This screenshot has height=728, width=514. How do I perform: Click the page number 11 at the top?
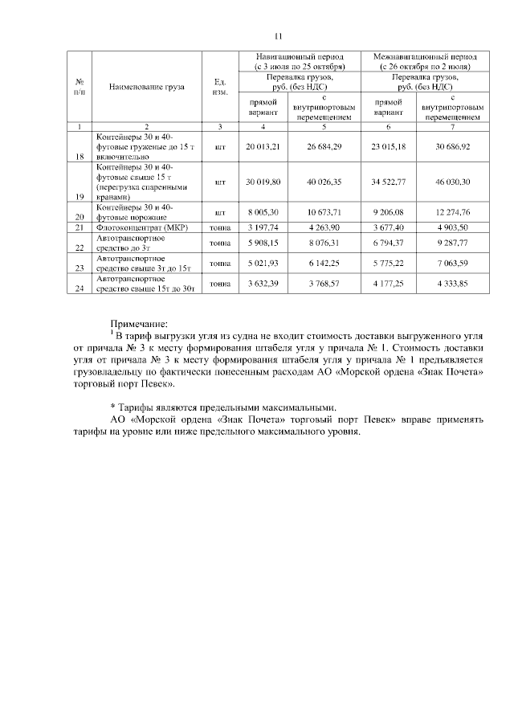point(257,36)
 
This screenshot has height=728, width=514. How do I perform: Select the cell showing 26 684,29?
point(324,147)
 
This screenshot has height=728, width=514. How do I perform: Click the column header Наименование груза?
point(146,84)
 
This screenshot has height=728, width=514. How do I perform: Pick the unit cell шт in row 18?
point(220,147)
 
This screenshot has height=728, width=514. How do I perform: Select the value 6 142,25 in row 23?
point(324,263)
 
